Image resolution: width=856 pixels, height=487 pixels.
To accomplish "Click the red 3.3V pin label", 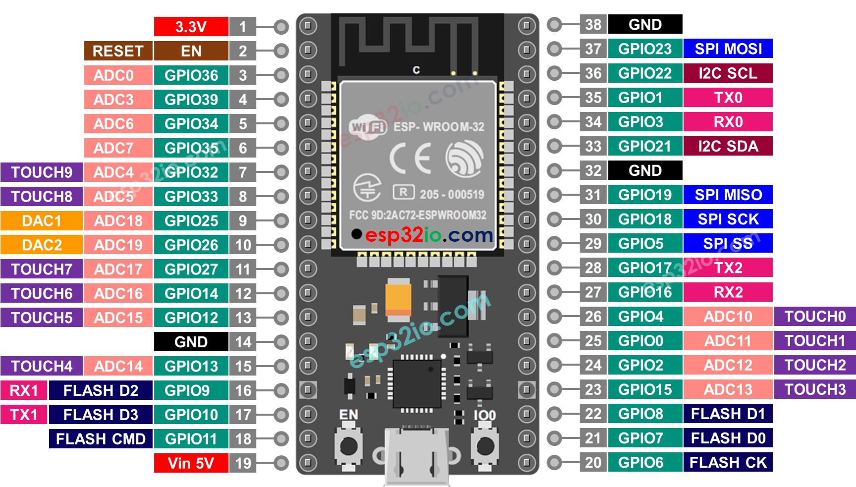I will coord(191,27).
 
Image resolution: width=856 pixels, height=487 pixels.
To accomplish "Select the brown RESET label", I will coord(118,51).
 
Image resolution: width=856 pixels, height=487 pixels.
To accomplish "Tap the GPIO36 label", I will coord(191,75).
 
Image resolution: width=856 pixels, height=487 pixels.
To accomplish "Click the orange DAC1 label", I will coord(41,221).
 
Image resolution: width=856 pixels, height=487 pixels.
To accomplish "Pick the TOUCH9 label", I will coord(41,172).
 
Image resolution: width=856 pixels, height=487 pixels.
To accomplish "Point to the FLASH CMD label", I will coord(101,439).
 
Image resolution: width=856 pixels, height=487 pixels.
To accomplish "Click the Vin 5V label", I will coord(191,463).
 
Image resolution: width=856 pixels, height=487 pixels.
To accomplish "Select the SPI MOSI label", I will coord(728,49).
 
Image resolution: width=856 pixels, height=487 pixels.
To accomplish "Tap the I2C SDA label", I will coord(728,146).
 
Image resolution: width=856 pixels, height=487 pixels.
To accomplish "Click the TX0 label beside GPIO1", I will coord(728,98).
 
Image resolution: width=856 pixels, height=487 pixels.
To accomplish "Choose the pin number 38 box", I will coord(593,24).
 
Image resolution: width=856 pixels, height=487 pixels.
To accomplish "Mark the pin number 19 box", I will coord(243,463).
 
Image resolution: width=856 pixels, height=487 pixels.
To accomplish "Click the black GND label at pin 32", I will coord(645,170).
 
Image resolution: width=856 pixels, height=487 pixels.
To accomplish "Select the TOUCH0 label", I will coord(815,316).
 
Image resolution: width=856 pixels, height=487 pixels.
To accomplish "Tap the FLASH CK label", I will coord(728,462).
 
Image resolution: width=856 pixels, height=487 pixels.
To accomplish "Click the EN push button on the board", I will coord(349,446).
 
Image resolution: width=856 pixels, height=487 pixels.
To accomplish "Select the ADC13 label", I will coord(728,389).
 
